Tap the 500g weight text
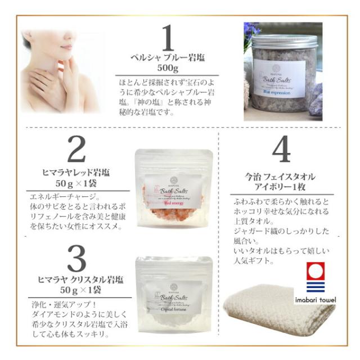pyautogui.click(x=167, y=70)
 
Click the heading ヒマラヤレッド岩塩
pyautogui.click(x=77, y=172)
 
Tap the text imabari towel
pyautogui.click(x=316, y=299)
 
